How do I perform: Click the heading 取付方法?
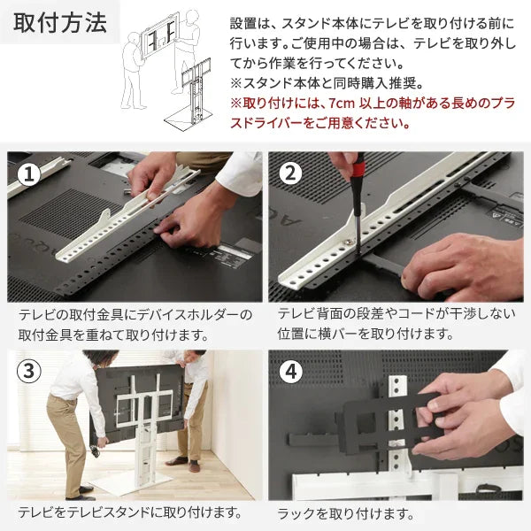click(60, 23)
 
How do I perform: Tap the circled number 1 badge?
click(30, 173)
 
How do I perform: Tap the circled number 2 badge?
click(291, 173)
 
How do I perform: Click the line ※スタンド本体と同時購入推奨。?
click(326, 84)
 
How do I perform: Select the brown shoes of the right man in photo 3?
click(181, 462)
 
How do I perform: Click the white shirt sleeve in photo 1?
click(239, 173)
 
